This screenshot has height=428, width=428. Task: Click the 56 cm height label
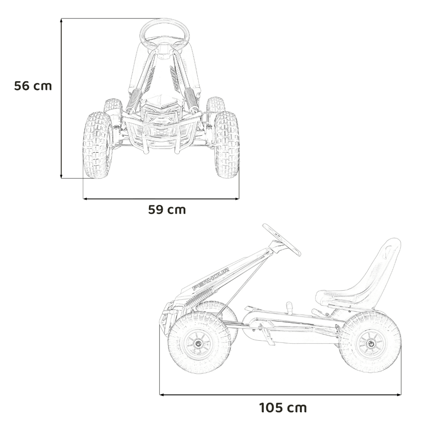click(x=33, y=86)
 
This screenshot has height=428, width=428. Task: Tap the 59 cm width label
click(x=167, y=210)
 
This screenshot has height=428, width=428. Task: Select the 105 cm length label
click(x=283, y=408)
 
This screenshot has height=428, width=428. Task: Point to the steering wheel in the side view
click(x=282, y=240)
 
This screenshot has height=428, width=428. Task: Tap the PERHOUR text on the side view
click(x=211, y=279)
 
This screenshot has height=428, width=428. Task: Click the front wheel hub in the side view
click(x=198, y=342)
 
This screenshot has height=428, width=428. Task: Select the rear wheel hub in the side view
click(x=371, y=343)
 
